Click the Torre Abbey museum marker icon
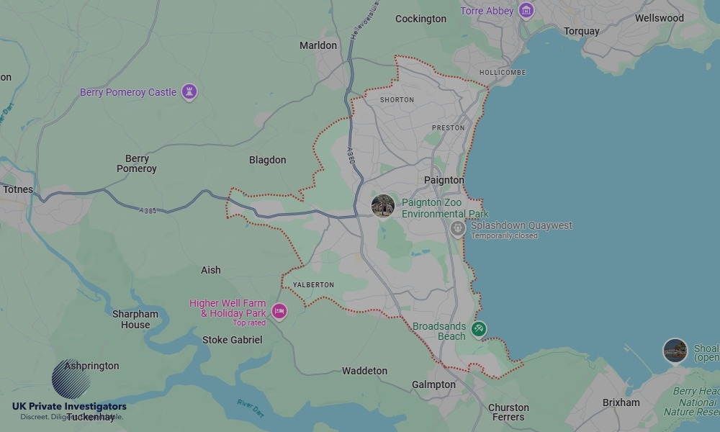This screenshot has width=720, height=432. coord(526,11)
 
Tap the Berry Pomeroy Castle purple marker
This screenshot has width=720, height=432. coord(189,92)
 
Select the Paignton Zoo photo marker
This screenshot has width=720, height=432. coord(382,206)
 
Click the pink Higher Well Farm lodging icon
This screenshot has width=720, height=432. coord(279,311)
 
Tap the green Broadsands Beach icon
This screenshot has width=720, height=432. coord(478,330)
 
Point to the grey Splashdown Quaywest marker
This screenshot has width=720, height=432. coord(457,229)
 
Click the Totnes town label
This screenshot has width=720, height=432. coord(18,189)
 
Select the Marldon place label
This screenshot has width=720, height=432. coord(318,45)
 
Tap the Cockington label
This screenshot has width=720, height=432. coord(420,19)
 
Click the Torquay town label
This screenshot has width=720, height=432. coord(581,31)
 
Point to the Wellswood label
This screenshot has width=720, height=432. coord(659,18)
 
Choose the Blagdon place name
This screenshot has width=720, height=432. coord(267,160)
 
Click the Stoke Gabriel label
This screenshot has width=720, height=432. coord(232,340)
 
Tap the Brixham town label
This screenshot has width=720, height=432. coord(621,402)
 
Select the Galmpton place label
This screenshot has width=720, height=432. coord(433,384)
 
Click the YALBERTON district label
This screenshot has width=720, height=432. coord(313,285)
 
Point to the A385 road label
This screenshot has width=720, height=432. coord(148,210)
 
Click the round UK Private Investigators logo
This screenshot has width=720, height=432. coord(71,379)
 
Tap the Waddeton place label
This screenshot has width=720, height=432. coord(364,371)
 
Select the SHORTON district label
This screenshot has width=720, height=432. coord(397,100)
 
